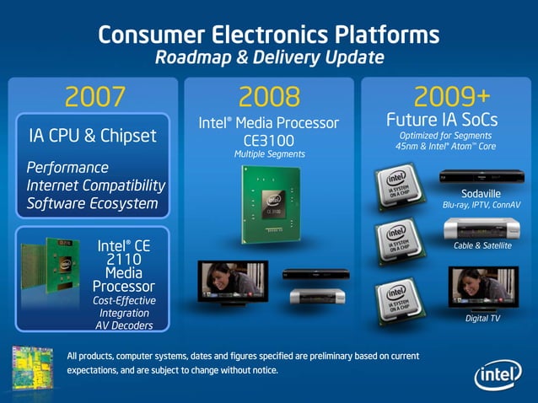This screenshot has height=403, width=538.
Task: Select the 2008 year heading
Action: point(268,97)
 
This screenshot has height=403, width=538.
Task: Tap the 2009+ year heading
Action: point(448,95)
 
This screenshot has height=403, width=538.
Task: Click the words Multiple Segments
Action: point(268,154)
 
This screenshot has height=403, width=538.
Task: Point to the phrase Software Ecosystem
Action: point(93,203)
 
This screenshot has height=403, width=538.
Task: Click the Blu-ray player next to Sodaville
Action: point(477,178)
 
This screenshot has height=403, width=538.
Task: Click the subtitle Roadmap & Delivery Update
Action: point(269,57)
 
